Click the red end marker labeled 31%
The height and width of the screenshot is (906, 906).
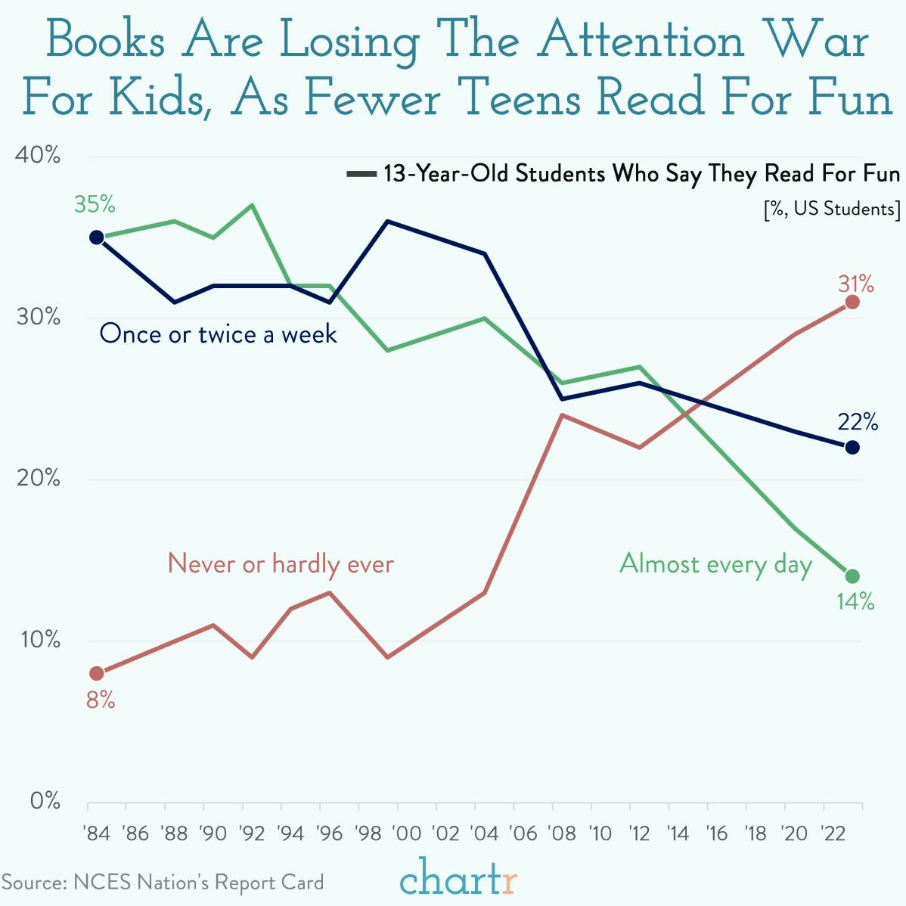point(852,303)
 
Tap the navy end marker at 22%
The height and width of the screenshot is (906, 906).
point(852,448)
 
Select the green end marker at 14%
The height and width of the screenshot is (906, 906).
point(852,576)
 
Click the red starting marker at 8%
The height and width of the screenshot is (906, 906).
point(96,673)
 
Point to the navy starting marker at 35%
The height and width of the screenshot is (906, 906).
point(96,237)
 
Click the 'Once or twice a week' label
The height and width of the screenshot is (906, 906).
point(218,334)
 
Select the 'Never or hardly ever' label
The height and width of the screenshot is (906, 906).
point(281,564)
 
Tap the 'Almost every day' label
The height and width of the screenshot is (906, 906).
point(715,564)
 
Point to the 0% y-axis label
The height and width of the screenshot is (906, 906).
point(45,802)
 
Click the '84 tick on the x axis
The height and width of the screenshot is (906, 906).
point(96,833)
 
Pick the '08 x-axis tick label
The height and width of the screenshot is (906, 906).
point(561,833)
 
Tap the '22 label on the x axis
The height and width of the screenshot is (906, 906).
point(833,833)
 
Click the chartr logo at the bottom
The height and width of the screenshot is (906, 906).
point(458,880)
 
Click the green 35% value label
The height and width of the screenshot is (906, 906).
point(95,204)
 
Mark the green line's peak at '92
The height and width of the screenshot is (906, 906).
point(251,205)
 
